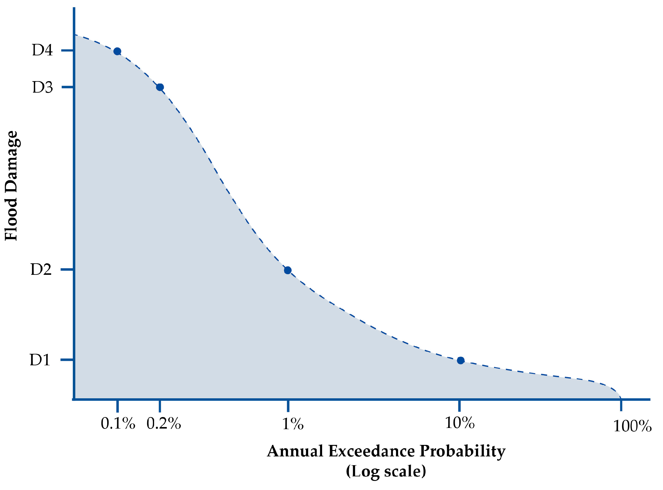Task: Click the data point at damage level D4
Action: click(x=117, y=51)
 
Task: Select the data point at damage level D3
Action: click(x=160, y=87)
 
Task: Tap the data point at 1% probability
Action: click(x=288, y=270)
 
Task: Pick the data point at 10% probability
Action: click(x=460, y=360)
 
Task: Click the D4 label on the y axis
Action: click(x=42, y=50)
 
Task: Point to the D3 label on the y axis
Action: click(x=42, y=87)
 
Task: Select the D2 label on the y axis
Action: click(x=41, y=269)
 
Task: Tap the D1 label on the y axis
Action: click(x=40, y=360)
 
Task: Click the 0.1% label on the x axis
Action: click(x=118, y=423)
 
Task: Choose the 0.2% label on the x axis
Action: click(x=163, y=423)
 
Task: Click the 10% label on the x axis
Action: click(x=460, y=423)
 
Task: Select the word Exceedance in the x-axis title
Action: click(x=372, y=451)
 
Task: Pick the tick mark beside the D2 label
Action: click(x=67, y=269)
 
